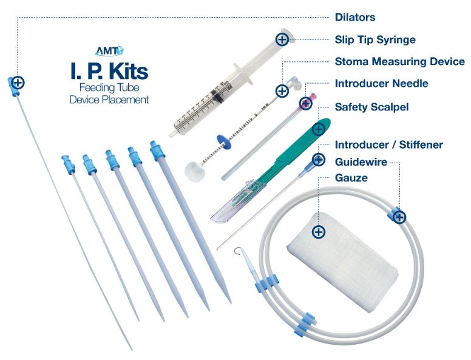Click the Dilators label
pos(355,18)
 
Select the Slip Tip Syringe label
pos(375,39)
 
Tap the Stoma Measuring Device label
pos(399,61)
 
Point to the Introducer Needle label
pos(381,83)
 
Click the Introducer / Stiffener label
pos(388,144)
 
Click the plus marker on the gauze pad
pos(318,232)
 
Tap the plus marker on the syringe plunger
pos(282,39)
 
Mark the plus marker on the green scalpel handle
pos(317,129)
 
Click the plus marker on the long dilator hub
pos(18,82)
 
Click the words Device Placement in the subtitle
pos(109,100)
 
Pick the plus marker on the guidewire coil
pos(399,217)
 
